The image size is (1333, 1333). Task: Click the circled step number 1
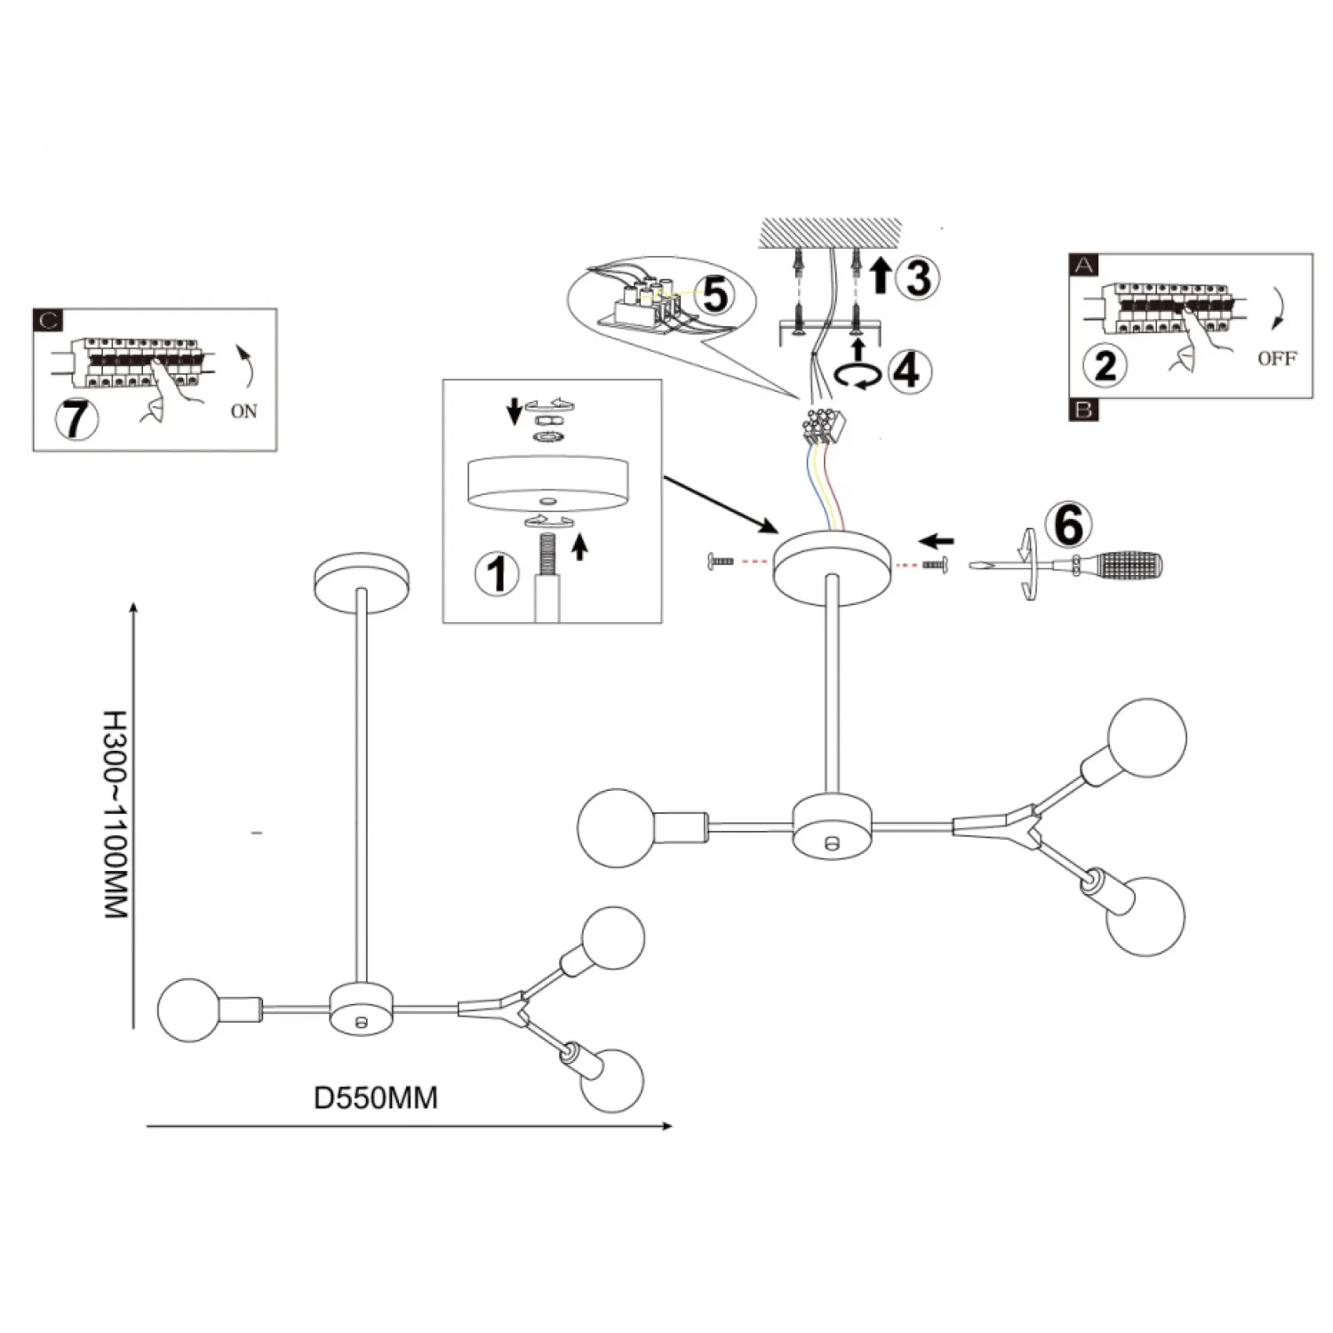click(x=497, y=572)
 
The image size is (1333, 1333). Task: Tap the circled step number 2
click(x=1106, y=364)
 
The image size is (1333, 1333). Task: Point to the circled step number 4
click(x=907, y=370)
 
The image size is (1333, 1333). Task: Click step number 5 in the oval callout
click(x=716, y=294)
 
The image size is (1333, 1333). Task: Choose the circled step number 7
click(x=76, y=419)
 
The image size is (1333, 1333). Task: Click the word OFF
click(x=1277, y=359)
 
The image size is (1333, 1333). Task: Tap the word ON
click(x=243, y=411)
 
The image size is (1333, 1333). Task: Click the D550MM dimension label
click(x=376, y=1098)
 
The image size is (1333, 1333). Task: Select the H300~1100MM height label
click(x=116, y=814)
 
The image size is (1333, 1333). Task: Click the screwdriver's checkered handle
click(x=1129, y=563)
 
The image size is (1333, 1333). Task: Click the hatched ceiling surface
click(x=830, y=235)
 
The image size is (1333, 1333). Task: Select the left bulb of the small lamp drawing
click(x=188, y=1010)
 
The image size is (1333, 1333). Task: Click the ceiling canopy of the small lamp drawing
click(x=362, y=583)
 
